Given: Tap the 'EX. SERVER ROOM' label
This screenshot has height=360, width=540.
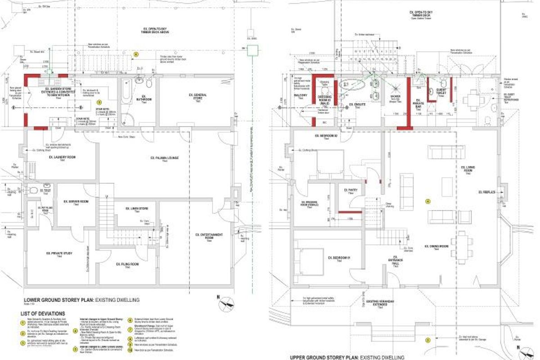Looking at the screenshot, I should point(76,202).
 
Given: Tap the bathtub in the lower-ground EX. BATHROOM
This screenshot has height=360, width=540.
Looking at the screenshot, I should point(125,99).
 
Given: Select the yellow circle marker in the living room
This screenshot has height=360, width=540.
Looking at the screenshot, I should point(428,202).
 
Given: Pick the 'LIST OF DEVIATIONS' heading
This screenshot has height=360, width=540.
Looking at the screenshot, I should point(43,314).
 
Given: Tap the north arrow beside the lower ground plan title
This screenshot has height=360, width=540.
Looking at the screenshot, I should point(226,305).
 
